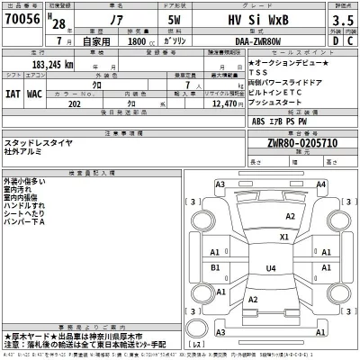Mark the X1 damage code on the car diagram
[x=283, y=238]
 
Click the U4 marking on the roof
[x=271, y=268]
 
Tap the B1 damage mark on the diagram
[x=214, y=268]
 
